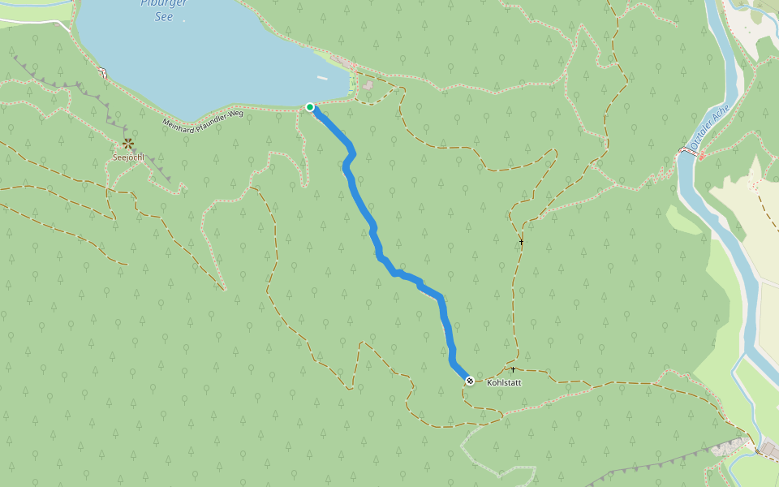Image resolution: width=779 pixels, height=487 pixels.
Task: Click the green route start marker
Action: [309, 107]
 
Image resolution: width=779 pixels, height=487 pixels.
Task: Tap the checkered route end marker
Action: [469, 380]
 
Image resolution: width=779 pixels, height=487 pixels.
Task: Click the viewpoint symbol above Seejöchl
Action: [128, 144]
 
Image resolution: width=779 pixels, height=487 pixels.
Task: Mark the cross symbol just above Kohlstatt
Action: [513, 369]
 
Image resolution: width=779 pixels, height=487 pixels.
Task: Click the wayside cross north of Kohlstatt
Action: [522, 242]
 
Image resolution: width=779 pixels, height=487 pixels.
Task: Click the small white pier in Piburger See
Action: [323, 78]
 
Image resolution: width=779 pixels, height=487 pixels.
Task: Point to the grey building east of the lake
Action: [368, 84]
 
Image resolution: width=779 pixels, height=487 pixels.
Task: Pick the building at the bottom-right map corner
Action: [769, 450]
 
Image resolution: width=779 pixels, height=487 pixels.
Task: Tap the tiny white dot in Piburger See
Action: [183, 21]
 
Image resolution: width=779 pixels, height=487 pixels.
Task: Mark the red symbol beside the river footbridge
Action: [699, 154]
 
